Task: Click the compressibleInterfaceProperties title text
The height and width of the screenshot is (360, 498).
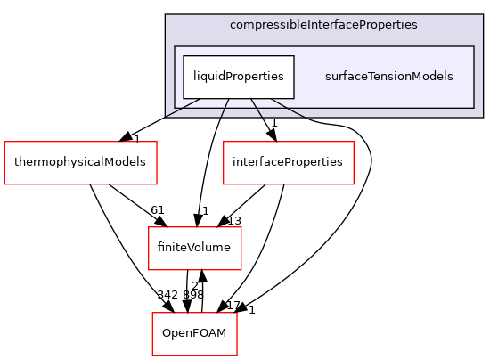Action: tap(322, 24)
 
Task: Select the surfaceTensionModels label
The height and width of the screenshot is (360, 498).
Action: tap(388, 77)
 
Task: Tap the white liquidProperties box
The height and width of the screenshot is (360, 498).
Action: tap(239, 77)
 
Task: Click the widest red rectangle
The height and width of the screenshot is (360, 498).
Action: tap(80, 162)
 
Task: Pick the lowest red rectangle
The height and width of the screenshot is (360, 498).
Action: tap(194, 333)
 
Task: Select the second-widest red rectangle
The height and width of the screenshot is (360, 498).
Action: tap(288, 162)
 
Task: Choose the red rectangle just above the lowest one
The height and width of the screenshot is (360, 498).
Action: tap(194, 248)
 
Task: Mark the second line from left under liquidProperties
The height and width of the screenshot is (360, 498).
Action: tap(225, 108)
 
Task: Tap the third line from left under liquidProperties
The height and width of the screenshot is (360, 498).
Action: tap(256, 108)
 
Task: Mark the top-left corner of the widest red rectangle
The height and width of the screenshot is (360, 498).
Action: tap(4, 142)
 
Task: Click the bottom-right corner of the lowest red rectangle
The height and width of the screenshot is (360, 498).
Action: tap(237, 355)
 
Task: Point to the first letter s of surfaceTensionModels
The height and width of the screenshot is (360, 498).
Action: tap(328, 77)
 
